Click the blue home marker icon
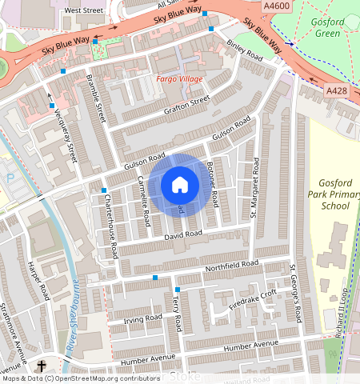click(x=180, y=185)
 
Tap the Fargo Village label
click(x=179, y=79)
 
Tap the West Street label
click(x=84, y=10)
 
